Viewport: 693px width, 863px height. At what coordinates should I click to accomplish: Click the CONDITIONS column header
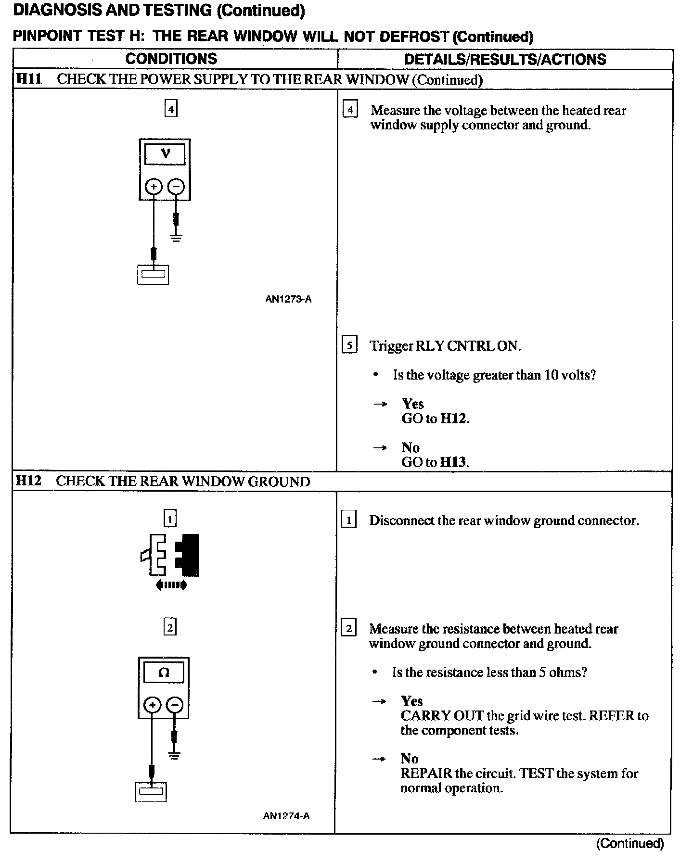pos(171,59)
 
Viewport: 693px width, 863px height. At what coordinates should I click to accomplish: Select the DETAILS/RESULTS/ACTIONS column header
pos(505,60)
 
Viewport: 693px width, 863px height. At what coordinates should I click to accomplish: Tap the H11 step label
pos(28,79)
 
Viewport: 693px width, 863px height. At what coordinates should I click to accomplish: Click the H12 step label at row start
pos(28,481)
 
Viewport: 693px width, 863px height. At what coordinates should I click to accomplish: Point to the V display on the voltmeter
pos(165,154)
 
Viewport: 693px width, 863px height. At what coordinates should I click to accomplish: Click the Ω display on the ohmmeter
pos(164,673)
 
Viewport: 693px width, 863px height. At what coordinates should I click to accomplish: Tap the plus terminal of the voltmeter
pos(154,187)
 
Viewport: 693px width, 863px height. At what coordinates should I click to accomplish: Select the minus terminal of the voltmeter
pos(177,187)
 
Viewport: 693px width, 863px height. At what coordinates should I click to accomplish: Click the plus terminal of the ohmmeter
pos(152,705)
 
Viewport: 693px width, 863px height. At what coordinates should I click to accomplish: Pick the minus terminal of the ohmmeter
pos(175,705)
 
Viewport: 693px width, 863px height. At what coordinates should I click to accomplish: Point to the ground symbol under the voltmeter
pos(177,237)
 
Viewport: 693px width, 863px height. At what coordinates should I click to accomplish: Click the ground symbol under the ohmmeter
pos(175,755)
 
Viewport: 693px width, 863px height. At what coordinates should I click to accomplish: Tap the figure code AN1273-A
pos(288,299)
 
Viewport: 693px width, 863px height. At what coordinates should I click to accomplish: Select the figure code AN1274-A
pos(286,816)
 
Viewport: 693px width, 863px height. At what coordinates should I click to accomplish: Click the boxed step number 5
pos(349,346)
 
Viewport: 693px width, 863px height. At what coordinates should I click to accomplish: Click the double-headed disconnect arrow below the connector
pos(171,585)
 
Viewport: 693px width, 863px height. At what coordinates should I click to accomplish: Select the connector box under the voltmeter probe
pos(153,275)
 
